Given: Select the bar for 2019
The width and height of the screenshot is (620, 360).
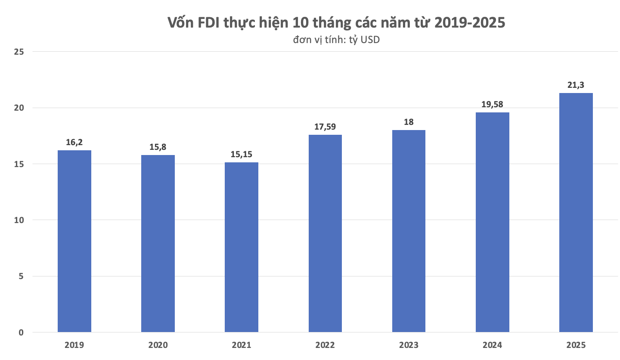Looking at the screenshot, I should point(74,241).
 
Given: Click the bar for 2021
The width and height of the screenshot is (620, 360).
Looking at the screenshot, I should point(242,247).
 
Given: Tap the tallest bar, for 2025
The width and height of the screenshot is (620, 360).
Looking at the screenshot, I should point(576,213).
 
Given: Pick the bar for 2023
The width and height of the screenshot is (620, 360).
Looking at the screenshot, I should point(409,231).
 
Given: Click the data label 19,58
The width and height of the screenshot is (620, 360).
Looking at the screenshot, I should point(493,104).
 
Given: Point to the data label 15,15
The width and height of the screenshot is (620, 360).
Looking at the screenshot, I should point(242,154).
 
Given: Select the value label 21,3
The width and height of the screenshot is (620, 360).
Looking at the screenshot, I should point(576,85).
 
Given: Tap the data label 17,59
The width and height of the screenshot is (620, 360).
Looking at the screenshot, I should point(325,127).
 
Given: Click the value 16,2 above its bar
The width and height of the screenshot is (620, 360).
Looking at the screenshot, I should point(74,142).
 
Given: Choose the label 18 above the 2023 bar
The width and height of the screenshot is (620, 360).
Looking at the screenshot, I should point(409,122).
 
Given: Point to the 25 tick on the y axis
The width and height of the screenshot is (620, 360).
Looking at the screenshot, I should point(19,52).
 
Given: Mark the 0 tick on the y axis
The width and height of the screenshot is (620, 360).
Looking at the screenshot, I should point(21,332).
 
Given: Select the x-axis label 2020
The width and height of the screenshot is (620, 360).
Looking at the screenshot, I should point(158,345).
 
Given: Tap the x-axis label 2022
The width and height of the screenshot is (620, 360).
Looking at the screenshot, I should point(325,345).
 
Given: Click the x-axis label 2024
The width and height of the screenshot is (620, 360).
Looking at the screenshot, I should point(493,345).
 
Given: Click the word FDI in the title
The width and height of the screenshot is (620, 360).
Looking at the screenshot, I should point(216,23).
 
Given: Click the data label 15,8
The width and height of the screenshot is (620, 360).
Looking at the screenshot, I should point(158,146).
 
